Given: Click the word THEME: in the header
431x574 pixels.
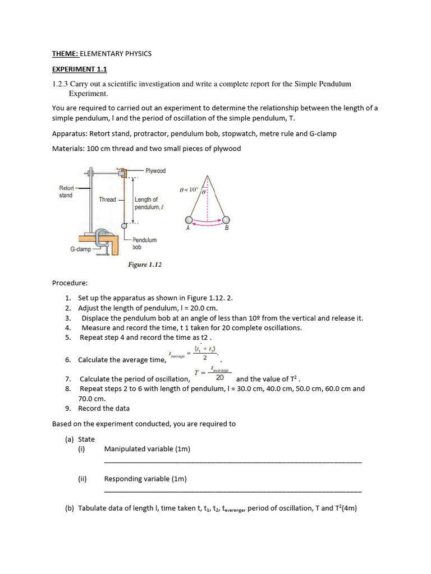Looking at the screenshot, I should coord(65,54).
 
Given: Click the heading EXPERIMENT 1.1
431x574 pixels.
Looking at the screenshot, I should coord(79,70).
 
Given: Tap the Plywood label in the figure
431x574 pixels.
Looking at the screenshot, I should coord(155,171).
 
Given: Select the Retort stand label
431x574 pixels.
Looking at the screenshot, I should coord(66,192).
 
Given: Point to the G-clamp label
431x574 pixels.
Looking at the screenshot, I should coord(80,249).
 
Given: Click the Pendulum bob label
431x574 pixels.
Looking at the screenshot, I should coord(144,243).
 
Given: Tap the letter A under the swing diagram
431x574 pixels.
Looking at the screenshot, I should coord(188,228).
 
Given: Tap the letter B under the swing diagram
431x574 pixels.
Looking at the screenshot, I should coord(226,228).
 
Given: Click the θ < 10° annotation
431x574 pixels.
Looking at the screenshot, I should coord(189,189).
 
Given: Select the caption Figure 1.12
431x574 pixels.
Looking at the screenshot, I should coord(145,265).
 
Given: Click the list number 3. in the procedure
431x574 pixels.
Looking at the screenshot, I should coord(67,318).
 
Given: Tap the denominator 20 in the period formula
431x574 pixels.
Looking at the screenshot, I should coord(220,378).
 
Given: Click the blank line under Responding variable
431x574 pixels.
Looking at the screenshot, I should coord(233,491).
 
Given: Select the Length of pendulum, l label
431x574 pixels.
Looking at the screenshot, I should coord(146,203).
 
